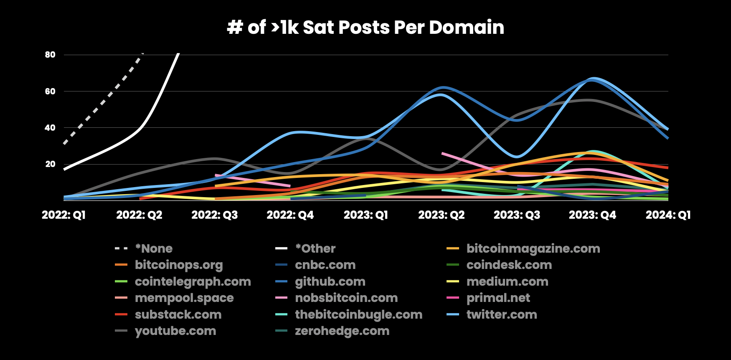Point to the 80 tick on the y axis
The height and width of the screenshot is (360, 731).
pos(50,55)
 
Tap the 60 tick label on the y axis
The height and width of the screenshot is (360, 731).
pos(50,91)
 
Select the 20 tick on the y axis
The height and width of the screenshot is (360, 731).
pos(50,164)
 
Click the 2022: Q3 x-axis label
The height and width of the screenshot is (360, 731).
pos(214,215)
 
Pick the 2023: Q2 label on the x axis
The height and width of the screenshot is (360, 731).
pos(442,215)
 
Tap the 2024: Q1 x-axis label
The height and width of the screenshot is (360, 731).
pos(668,215)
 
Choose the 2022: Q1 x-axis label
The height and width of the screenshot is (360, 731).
pos(63,215)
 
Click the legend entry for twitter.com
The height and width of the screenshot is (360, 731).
pos(502,314)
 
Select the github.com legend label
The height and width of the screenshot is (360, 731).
pos(330,282)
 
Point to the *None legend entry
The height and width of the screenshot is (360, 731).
pos(154,249)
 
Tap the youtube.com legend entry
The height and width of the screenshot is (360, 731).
pos(175,331)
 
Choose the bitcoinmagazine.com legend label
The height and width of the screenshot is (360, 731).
pos(533,249)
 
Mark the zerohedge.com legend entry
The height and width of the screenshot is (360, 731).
pos(342,331)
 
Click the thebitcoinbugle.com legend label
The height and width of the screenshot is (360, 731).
pos(358,314)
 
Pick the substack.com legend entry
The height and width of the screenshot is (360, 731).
pos(178,314)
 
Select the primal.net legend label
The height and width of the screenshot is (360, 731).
pos(498,298)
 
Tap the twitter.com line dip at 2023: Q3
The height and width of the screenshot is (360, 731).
pos(517,157)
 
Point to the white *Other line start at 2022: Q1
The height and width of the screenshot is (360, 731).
pos(64,169)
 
